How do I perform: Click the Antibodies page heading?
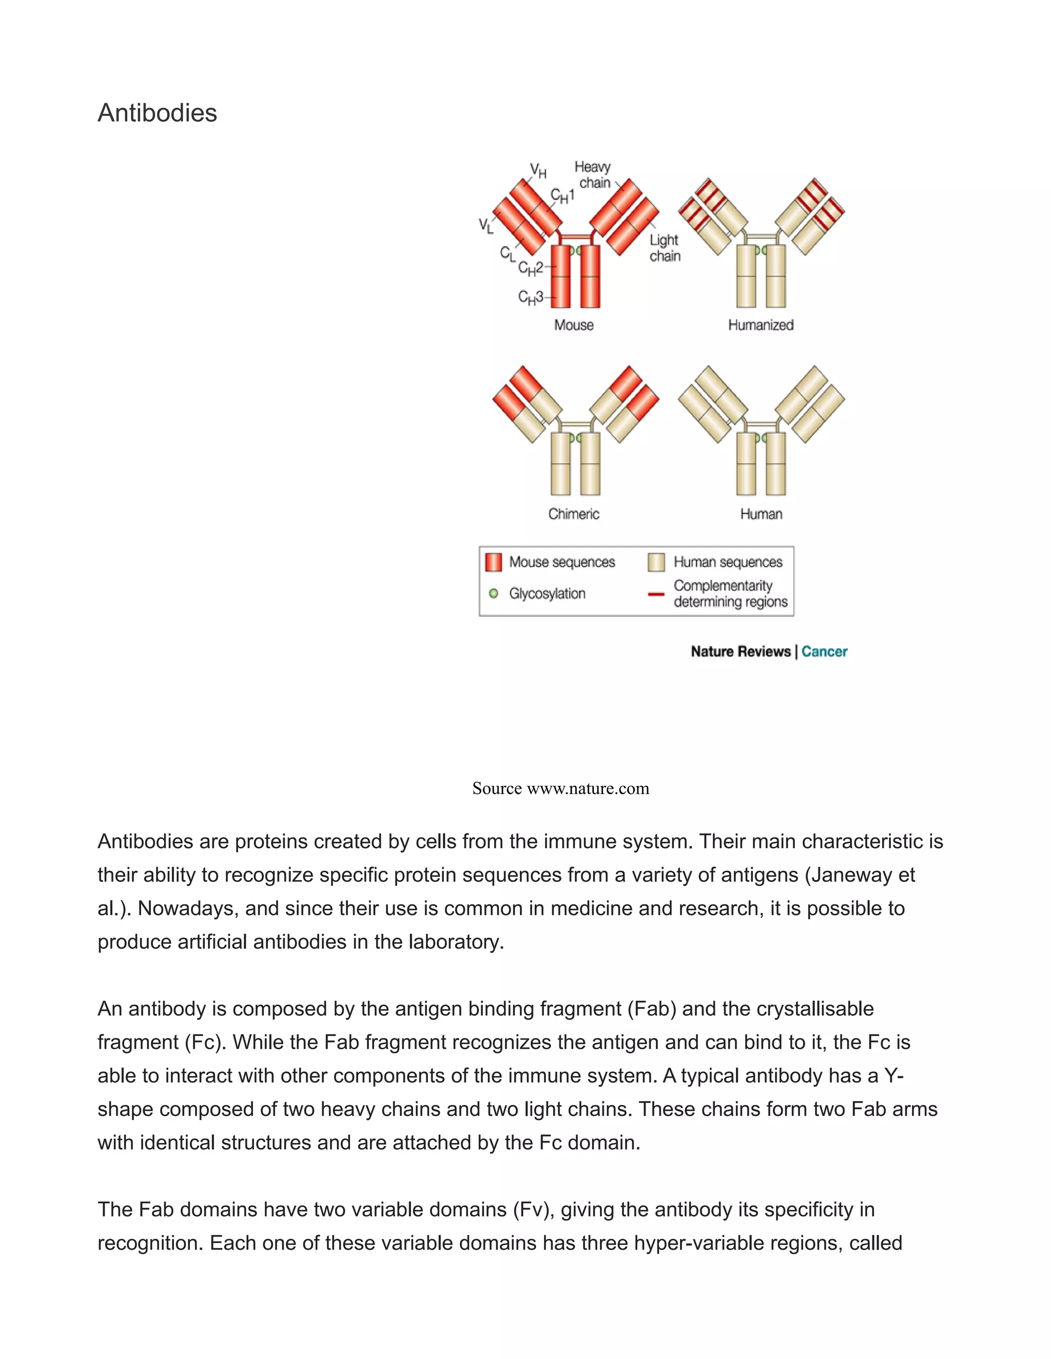[157, 113]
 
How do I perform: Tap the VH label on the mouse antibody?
[538, 170]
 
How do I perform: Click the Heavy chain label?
[593, 175]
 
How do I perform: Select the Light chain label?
[665, 248]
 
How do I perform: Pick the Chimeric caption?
[573, 514]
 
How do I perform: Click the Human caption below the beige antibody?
[761, 514]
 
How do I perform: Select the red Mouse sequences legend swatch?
[493, 562]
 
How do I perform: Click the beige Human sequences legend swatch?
[656, 562]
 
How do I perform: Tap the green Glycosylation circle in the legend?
[494, 594]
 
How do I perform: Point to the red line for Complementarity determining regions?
[656, 594]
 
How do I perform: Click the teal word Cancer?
[824, 651]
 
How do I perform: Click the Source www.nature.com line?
[560, 788]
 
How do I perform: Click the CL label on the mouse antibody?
[508, 253]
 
